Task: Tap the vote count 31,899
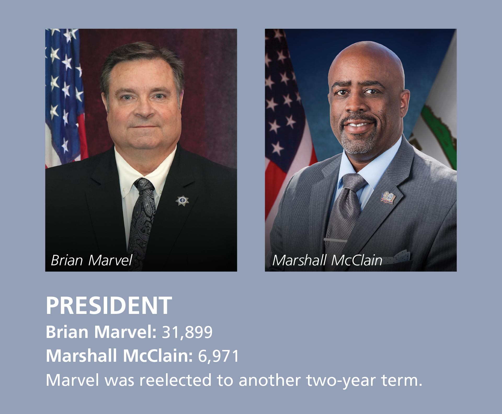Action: (x=187, y=332)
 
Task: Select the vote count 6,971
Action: (x=219, y=356)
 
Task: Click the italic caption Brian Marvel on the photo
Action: (x=92, y=260)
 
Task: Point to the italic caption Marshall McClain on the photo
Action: (x=327, y=260)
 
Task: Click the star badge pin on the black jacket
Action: (x=182, y=200)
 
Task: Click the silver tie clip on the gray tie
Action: (x=335, y=240)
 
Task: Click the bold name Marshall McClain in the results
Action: (x=119, y=356)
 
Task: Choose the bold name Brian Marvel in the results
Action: (x=101, y=332)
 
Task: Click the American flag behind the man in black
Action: (x=65, y=97)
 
